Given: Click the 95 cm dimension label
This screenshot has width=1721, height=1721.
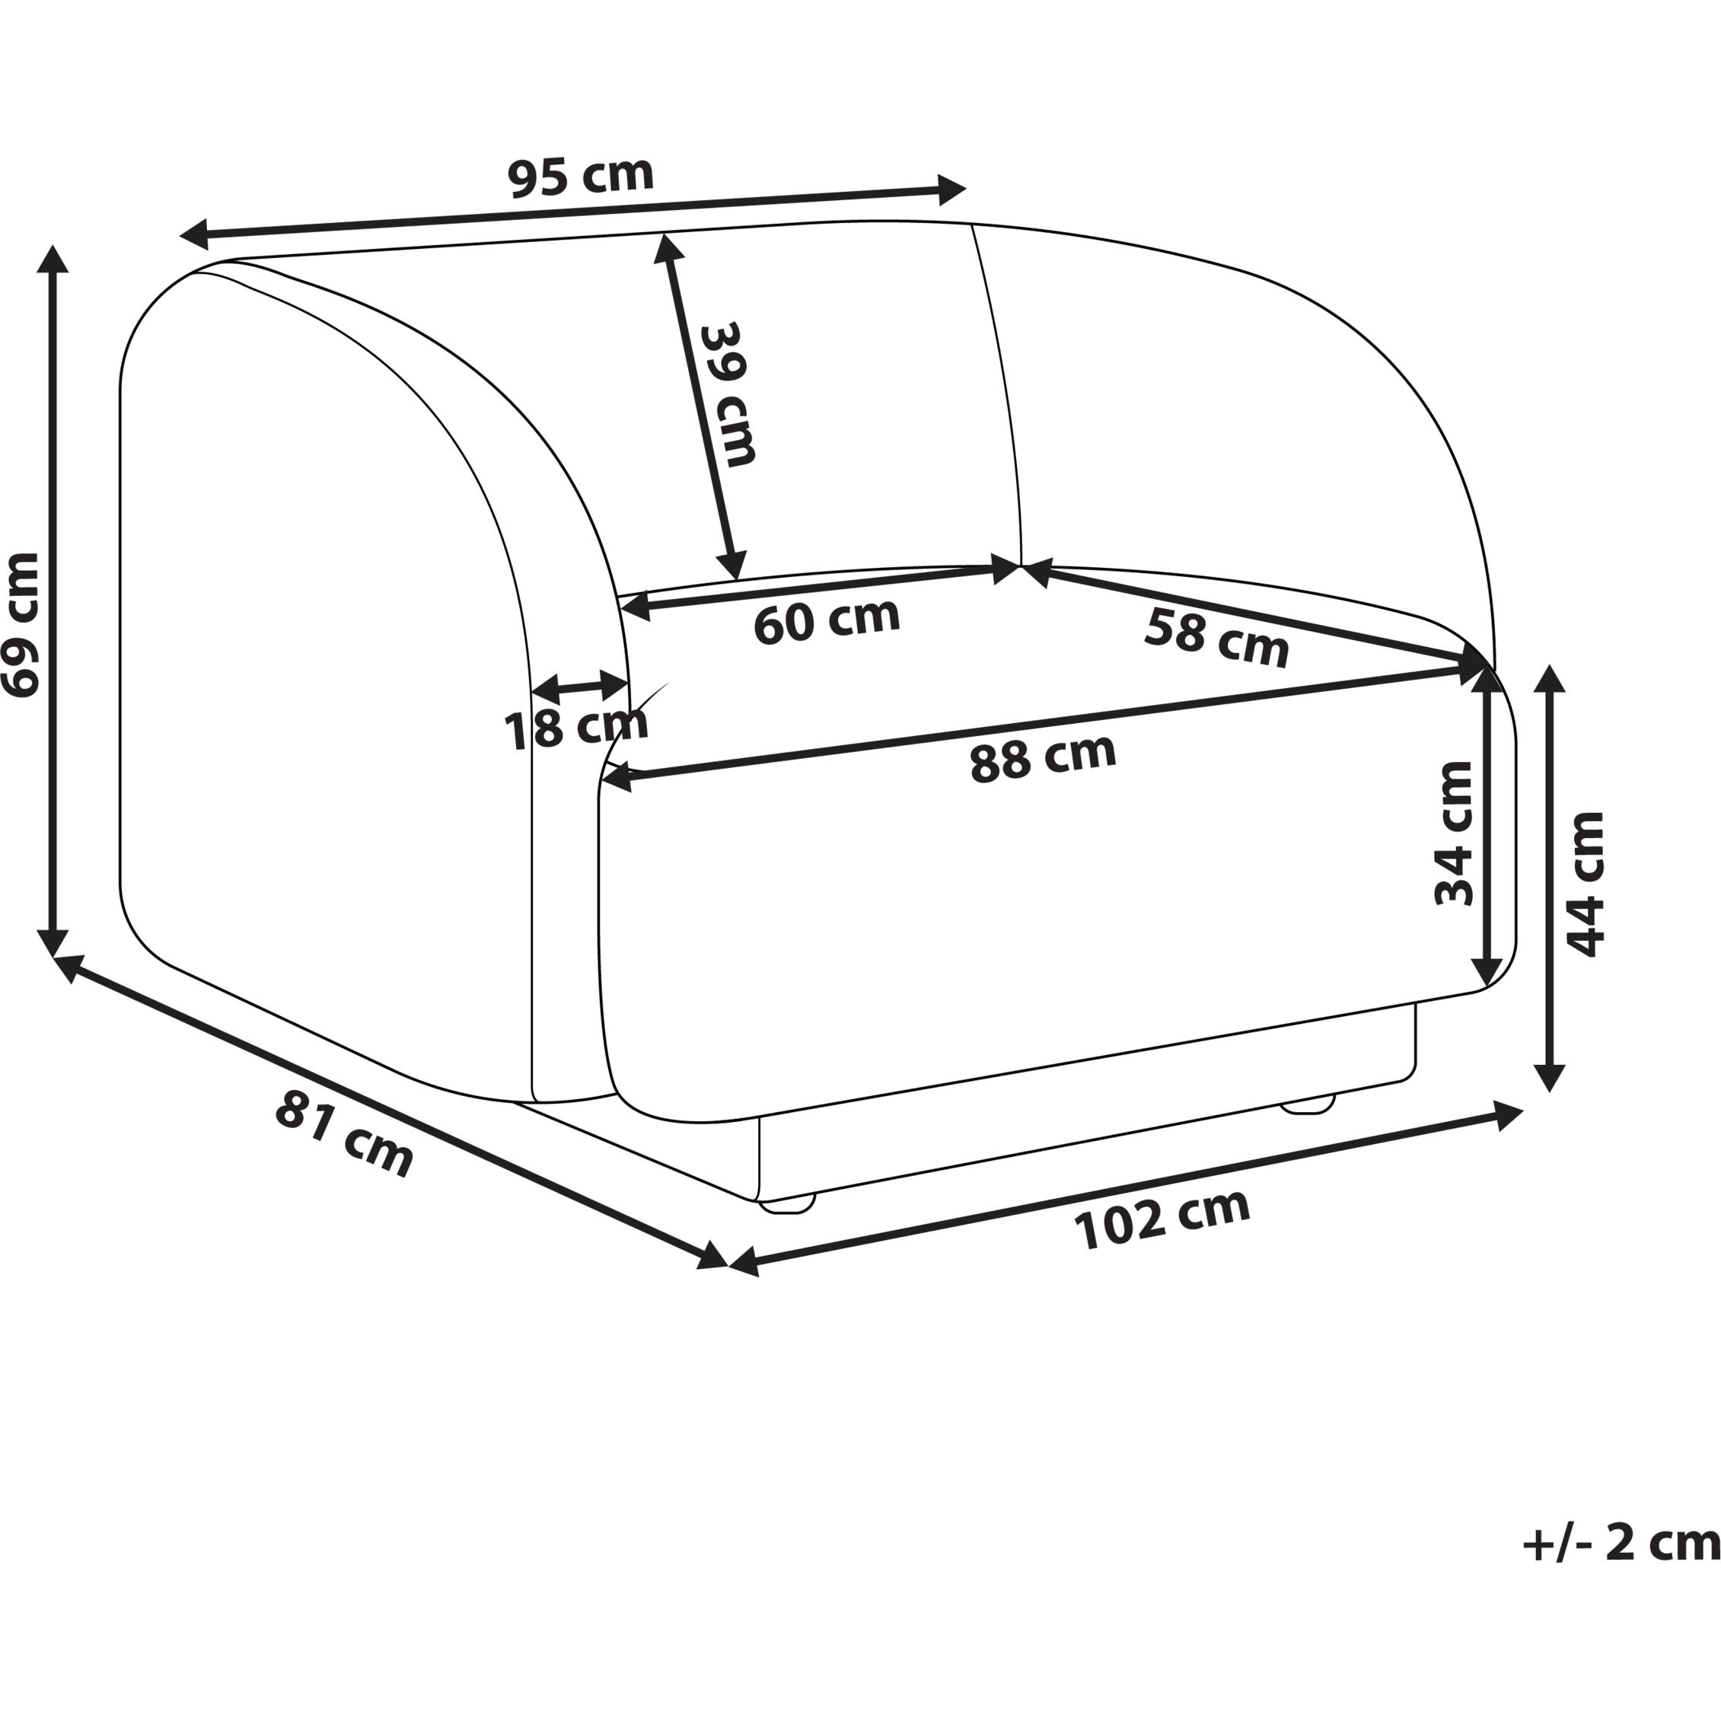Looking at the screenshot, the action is (x=581, y=176).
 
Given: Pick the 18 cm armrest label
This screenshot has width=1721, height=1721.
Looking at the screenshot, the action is (x=576, y=728).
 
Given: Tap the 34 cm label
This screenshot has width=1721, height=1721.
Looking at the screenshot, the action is (x=1454, y=833).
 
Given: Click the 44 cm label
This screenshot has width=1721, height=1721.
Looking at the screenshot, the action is (x=1585, y=884).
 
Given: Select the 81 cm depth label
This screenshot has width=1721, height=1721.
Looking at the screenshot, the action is (x=344, y=1135).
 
